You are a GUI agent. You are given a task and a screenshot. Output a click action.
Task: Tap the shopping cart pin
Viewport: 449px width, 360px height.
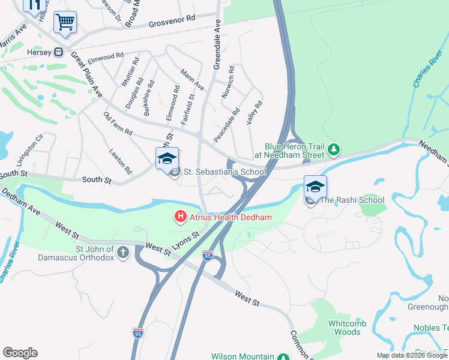[65, 23]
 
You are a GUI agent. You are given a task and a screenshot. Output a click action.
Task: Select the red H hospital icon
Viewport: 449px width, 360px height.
[179, 217]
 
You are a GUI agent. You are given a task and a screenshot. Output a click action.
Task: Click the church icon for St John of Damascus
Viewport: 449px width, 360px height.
[123, 253]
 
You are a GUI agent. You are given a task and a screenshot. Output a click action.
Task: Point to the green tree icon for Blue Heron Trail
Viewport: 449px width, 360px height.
[336, 149]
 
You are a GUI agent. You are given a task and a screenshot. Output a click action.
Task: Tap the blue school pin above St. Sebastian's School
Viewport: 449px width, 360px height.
[167, 158]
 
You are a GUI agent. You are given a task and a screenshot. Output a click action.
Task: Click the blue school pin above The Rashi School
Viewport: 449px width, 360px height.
[315, 186]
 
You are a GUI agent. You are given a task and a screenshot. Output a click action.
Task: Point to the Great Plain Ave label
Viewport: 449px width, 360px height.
[86, 74]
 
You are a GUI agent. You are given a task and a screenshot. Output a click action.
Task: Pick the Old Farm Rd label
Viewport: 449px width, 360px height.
[117, 124]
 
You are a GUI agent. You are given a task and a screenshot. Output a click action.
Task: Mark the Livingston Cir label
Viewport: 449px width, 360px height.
[30, 149]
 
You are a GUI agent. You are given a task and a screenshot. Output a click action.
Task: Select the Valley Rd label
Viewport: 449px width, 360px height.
[255, 112]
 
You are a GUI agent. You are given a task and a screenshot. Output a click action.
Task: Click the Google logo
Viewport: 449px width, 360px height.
[20, 353]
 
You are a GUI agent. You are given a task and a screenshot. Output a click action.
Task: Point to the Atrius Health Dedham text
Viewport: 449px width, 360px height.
[231, 217]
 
